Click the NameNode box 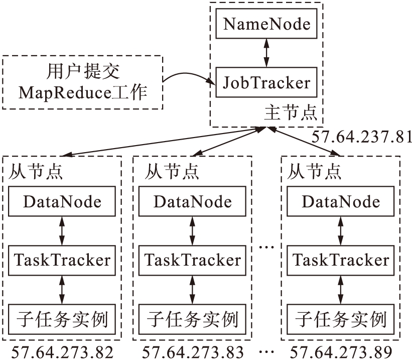[266, 24]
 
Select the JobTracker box [266, 82]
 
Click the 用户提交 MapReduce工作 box [83, 82]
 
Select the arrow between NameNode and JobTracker [266, 53]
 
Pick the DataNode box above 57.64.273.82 [62, 202]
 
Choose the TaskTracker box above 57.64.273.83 [193, 260]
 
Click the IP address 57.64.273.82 [62, 351]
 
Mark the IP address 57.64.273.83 [193, 351]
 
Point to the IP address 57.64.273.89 [341, 351]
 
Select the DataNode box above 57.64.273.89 [341, 202]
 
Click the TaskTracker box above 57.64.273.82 [62, 260]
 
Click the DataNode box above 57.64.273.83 [193, 202]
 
